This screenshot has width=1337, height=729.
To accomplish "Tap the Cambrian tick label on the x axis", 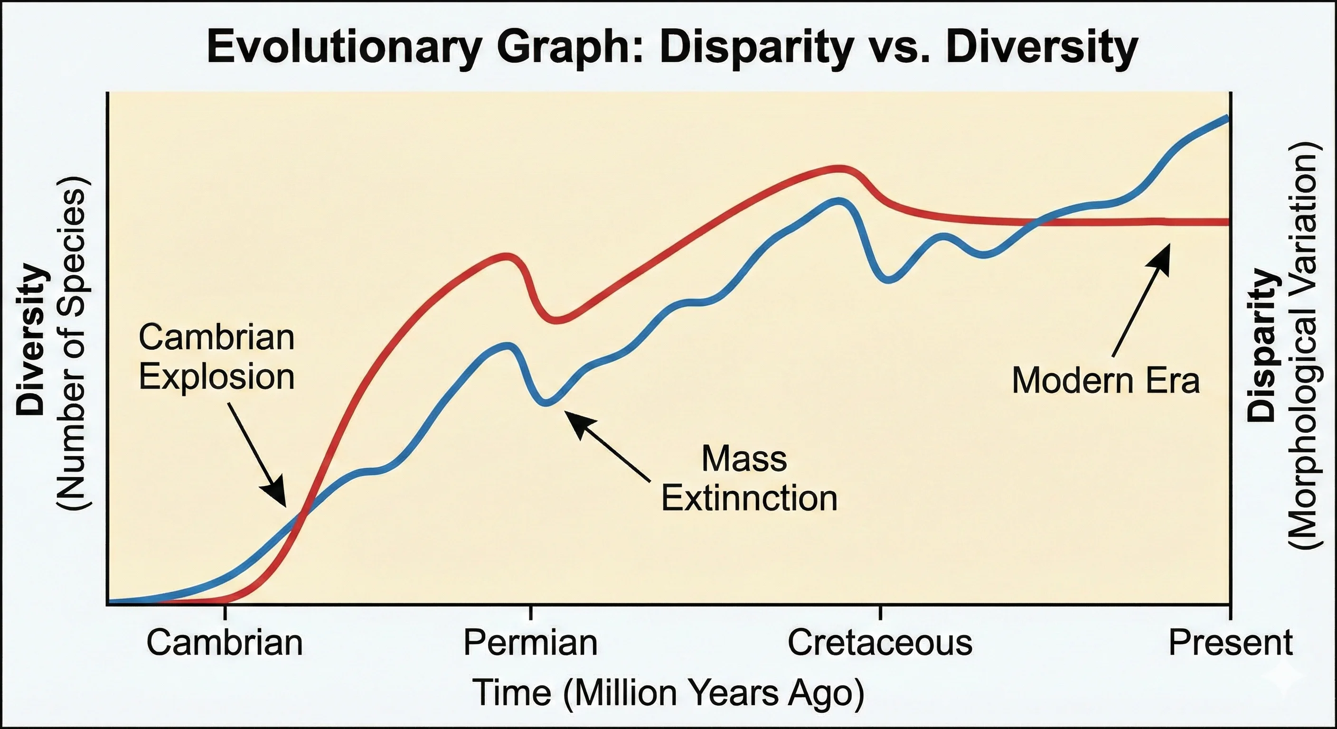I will point(224,643).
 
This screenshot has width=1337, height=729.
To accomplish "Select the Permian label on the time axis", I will point(530,643).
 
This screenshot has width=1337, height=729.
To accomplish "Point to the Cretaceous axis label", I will point(880,643).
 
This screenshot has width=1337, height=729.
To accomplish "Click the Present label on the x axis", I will point(1230,643).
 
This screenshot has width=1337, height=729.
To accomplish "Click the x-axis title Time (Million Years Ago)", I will point(668,692).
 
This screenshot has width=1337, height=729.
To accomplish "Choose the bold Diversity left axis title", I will point(29,340).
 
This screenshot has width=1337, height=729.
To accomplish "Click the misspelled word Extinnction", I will point(749,499).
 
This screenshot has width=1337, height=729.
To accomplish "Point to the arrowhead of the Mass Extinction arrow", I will point(571,417).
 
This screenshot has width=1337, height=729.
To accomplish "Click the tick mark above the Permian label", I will point(530,612).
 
